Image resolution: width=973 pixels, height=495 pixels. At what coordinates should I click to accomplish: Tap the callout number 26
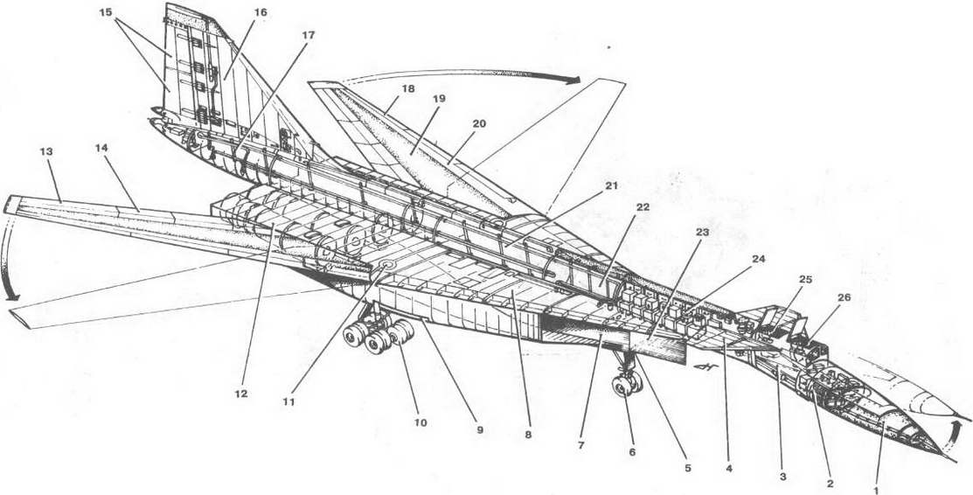coord(844,297)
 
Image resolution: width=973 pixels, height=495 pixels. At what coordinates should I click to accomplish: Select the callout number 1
coord(876,490)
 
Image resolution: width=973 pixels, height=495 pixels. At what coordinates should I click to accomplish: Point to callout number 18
coord(407,89)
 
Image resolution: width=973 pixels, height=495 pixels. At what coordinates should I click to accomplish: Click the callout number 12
coord(240,394)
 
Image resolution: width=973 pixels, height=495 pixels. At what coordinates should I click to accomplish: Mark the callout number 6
coord(632,452)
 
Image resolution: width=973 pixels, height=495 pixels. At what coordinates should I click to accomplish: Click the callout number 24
coord(758,259)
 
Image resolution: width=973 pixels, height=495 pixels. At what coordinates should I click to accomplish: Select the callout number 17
coord(308,35)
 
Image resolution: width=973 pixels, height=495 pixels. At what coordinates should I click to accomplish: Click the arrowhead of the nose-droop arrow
coord(955,426)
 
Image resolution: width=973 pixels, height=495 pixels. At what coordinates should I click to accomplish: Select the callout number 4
coord(729,469)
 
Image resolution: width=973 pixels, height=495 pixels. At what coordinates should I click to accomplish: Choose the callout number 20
coord(478,123)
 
